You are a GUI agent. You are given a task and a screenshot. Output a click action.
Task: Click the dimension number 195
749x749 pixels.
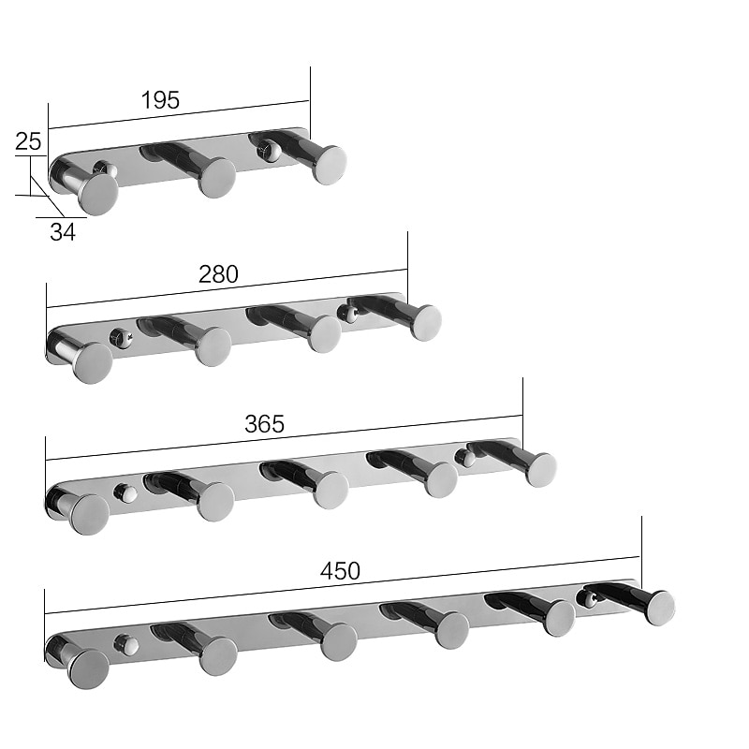coord(160,100)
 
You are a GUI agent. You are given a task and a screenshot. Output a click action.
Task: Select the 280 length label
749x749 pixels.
coord(218,273)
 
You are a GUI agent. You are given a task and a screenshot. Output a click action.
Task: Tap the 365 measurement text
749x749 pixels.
coord(264,423)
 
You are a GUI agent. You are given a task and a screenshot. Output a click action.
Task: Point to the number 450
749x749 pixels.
coord(340,571)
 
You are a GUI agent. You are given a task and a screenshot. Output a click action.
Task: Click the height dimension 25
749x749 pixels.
coord(28,141)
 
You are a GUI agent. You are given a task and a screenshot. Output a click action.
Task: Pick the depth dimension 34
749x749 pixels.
coord(63,232)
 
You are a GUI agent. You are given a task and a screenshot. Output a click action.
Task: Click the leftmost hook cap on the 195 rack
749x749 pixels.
coord(98,194)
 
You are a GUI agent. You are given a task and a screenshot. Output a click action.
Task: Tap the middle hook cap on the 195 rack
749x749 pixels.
coord(217,178)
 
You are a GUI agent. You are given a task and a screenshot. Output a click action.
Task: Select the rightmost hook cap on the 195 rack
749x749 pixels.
coord(330,164)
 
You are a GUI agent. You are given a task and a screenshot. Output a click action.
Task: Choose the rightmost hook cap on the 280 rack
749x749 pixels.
coord(426,322)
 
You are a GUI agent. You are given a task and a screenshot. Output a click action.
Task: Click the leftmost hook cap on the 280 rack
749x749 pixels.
coord(93,362)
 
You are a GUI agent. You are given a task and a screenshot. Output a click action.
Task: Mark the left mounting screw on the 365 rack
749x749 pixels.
coord(123,492)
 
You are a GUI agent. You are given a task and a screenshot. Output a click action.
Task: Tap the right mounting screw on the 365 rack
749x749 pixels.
coord(463,457)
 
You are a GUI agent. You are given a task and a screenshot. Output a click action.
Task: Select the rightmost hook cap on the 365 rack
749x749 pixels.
coord(540,469)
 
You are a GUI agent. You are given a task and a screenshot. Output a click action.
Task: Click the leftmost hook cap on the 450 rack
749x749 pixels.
coord(90,668)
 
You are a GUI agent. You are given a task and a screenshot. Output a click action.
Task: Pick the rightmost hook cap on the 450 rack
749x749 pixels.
coord(659,608)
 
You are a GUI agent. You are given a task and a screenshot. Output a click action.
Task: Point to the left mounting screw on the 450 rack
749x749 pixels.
coord(123,644)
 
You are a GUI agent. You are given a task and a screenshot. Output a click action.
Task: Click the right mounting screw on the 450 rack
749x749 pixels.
coord(588,596)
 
